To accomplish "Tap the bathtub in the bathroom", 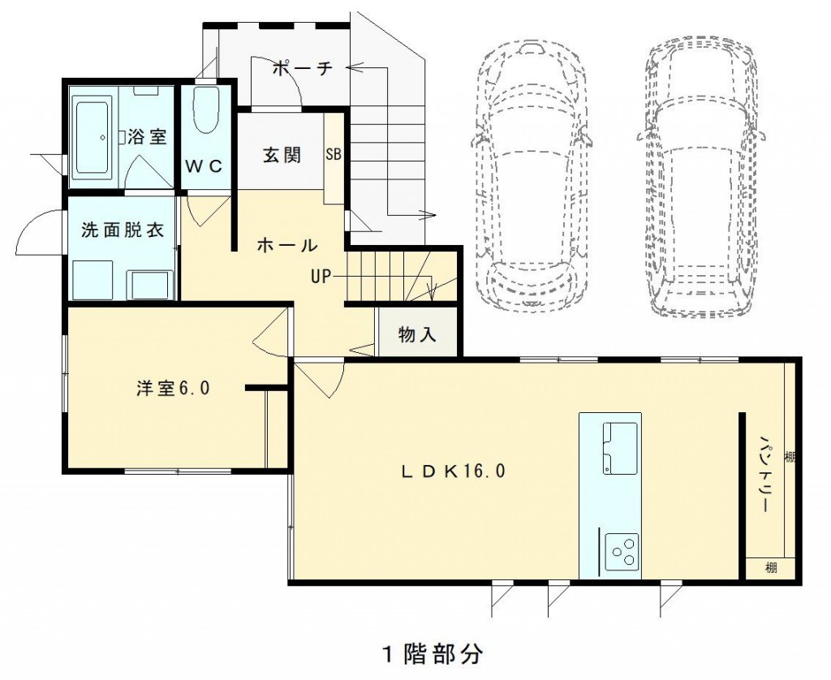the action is [93, 137].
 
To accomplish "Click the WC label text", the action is [204, 166].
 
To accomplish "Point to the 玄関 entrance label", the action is [282, 155].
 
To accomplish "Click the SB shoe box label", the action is [334, 154].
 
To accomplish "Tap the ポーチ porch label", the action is [303, 68].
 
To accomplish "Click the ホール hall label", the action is [286, 245].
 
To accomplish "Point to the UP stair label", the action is [321, 276].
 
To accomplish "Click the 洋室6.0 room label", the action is [174, 389].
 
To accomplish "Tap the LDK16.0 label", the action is [453, 471].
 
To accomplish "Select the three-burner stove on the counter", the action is [621, 552].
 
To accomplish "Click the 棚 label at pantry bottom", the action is [771, 568].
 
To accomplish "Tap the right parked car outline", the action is [702, 178].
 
